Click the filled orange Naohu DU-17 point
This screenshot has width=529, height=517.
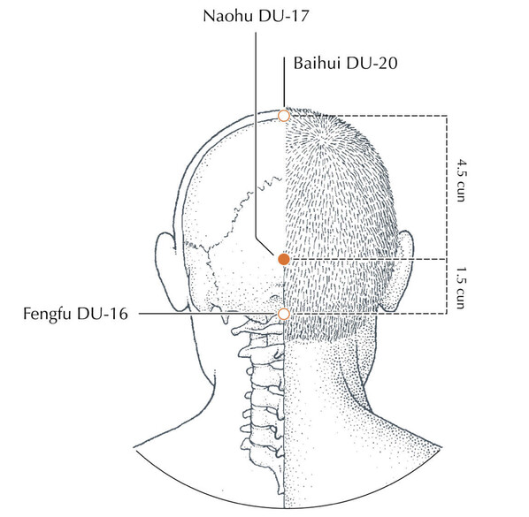tap(284, 259)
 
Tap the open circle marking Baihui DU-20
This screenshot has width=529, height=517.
tap(284, 116)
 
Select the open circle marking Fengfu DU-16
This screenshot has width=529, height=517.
tap(284, 314)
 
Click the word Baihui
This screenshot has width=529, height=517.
tap(317, 63)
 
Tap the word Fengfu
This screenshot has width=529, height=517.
tap(47, 314)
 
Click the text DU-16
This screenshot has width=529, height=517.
tap(103, 314)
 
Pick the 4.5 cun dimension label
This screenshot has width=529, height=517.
tap(462, 181)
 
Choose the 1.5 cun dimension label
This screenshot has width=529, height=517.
tap(461, 288)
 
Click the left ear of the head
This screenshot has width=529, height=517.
tap(168, 270)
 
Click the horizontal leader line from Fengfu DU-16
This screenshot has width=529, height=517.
tap(208, 314)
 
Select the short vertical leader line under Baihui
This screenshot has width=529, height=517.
tap(284, 81)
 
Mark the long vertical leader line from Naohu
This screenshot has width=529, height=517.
tap(256, 135)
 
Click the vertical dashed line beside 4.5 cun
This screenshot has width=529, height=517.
tap(447, 187)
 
